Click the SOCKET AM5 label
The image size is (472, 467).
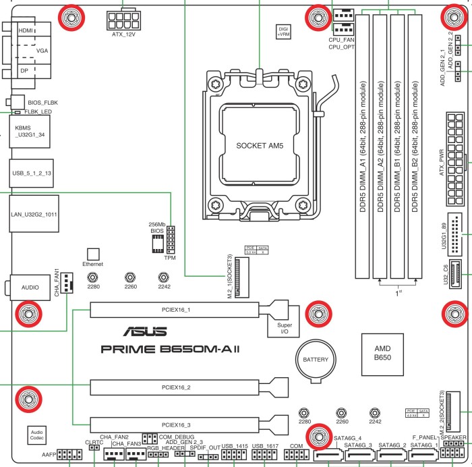pos(260,145)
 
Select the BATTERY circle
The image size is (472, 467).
pos(314,360)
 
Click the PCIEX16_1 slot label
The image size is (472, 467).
pos(175,310)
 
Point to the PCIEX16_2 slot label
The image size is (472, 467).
pos(175,388)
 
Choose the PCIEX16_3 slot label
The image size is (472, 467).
pos(175,425)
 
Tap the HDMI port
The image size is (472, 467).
pos(26,31)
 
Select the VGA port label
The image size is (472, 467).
pos(42,51)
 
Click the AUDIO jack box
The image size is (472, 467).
pos(30,287)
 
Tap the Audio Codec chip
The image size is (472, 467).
pos(37,435)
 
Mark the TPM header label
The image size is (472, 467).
pos(171,258)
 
